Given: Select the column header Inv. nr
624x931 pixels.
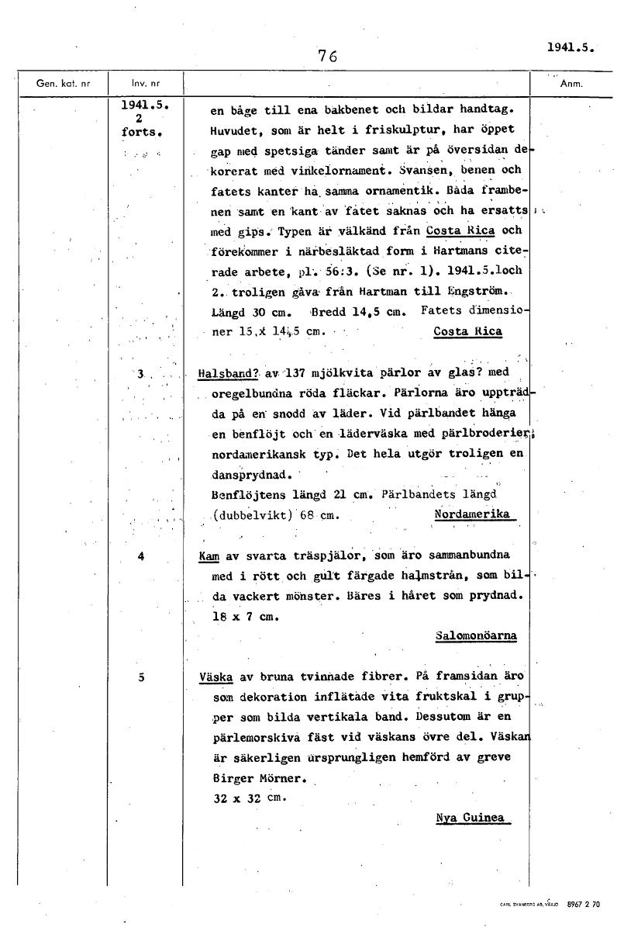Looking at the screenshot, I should click(x=140, y=83).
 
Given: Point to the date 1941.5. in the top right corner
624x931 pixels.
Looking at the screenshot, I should click(x=569, y=46).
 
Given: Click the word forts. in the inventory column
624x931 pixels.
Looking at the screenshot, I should click(x=140, y=132).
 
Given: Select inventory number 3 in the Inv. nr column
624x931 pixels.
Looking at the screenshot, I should click(x=141, y=374).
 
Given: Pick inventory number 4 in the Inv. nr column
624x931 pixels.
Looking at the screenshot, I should click(x=141, y=555).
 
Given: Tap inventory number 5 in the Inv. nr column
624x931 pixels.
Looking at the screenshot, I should click(x=141, y=677).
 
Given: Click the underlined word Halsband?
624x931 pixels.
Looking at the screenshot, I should click(x=228, y=373).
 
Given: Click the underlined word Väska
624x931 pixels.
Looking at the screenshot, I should click(x=216, y=677).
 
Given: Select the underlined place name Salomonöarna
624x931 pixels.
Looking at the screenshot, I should click(x=475, y=635).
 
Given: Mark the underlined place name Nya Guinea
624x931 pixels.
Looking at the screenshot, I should click(x=470, y=818).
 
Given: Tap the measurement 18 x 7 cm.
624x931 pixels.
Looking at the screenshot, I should click(x=245, y=617).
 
